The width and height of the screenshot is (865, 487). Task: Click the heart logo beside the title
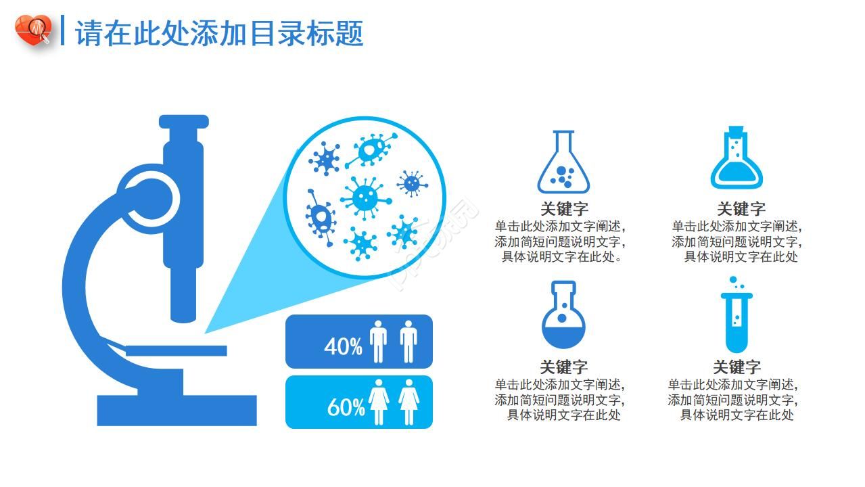pos(33,30)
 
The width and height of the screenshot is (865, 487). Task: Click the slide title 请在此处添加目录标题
pos(219,32)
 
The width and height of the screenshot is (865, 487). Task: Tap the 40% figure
pos(343,346)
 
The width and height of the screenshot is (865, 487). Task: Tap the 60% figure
pos(346,407)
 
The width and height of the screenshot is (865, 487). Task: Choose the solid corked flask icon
pos(737,159)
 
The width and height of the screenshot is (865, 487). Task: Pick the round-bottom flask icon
pos(563,315)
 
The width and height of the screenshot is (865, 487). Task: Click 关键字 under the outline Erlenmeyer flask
pos(563,209)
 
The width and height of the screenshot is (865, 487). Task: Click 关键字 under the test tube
pos(737,367)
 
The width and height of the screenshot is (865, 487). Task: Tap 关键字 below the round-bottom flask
pos(563,367)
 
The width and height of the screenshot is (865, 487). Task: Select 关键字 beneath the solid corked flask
pos(741,209)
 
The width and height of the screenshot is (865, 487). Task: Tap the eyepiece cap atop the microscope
pos(183,122)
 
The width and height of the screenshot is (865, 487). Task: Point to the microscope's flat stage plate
pos(176,350)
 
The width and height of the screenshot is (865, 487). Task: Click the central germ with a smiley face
pos(366,198)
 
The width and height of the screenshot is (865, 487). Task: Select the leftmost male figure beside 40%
pos(378,342)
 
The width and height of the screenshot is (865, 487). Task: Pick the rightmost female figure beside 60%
pos(408,402)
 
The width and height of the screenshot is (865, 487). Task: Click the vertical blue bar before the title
pos(63,30)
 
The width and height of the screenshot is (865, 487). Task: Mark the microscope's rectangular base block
pos(177,410)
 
